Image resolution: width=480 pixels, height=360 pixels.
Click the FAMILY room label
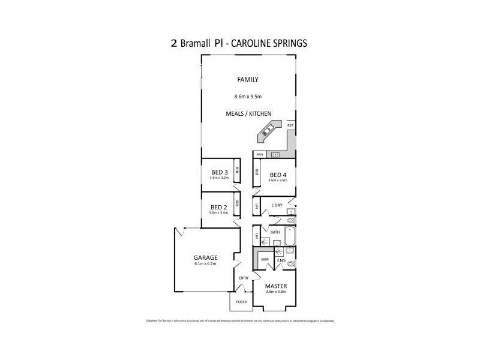(248, 79)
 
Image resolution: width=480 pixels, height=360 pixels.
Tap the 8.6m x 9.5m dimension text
(248, 96)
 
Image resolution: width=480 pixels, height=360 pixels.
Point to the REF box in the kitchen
(290, 125)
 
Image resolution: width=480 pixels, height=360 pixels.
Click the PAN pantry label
(260, 155)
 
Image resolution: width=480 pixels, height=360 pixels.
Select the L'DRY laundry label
(277, 206)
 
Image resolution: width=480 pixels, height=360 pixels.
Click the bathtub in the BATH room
(290, 235)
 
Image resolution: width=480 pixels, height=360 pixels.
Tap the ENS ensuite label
(280, 260)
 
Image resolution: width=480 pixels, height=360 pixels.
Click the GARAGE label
(205, 257)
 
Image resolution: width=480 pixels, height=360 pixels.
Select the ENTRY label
(244, 278)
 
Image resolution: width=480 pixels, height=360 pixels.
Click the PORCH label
(241, 302)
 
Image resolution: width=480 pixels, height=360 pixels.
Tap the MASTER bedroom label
(276, 286)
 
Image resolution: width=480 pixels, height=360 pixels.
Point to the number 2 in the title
(173, 44)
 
